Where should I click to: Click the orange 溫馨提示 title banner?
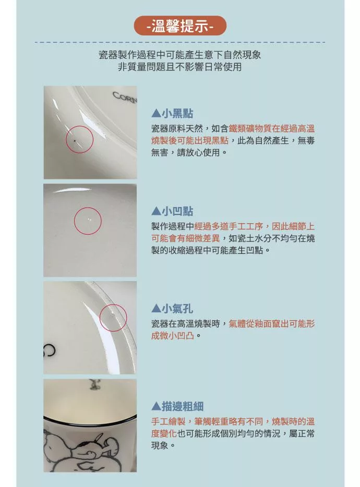click(x=180, y=26)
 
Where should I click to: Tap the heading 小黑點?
click(x=177, y=113)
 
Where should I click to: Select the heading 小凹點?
click(x=177, y=211)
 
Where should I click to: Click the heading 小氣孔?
click(x=177, y=309)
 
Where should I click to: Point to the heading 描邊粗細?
click(x=183, y=406)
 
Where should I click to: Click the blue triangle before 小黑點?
click(x=156, y=114)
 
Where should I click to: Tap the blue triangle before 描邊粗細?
click(x=156, y=407)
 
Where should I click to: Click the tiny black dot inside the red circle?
click(x=75, y=141)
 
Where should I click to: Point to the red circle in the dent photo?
click(x=88, y=208)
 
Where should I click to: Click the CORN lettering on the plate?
click(x=125, y=97)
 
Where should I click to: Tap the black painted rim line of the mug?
click(x=90, y=423)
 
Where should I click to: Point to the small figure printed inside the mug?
click(x=93, y=384)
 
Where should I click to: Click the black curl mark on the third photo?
click(x=50, y=349)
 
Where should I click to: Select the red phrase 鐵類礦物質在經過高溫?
click(x=272, y=129)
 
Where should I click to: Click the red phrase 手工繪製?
click(x=168, y=421)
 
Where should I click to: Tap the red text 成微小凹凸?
click(x=173, y=336)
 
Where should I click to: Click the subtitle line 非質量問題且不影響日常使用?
click(x=179, y=67)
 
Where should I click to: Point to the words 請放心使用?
click(x=198, y=152)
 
